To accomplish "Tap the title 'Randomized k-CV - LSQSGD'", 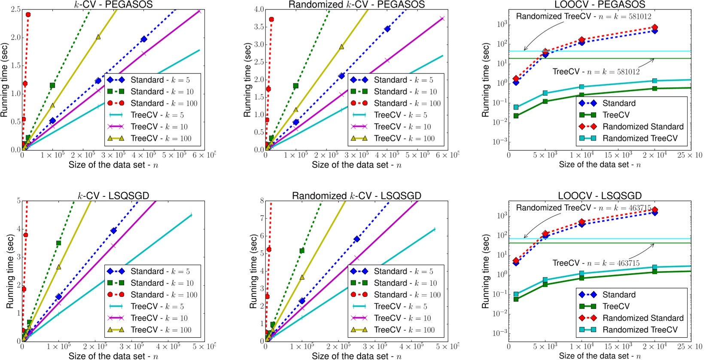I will (356, 196).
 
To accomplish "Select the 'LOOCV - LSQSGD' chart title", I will (599, 196).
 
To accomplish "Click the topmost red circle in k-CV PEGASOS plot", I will (28, 15).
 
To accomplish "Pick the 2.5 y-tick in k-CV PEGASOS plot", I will (15, 9).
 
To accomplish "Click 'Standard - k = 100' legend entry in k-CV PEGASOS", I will (164, 103).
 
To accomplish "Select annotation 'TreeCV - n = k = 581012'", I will (596, 72).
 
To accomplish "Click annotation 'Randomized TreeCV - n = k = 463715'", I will (583, 208).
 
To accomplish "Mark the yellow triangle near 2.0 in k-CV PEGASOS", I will (98, 37).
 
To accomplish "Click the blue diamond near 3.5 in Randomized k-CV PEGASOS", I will (387, 29).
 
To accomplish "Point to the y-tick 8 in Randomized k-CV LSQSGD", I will (261, 201).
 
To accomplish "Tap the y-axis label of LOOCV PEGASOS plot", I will (486, 80).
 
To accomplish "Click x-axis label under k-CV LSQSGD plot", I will (113, 356).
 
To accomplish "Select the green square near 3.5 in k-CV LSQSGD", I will (58, 243).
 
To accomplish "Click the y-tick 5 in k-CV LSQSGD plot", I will (18, 201).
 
